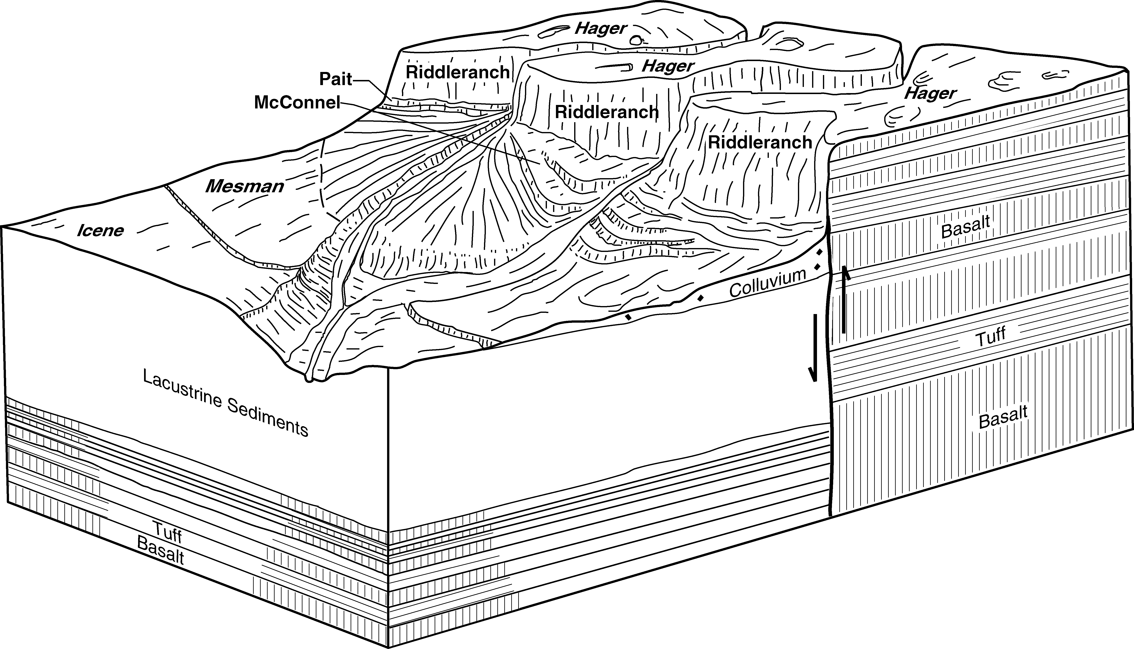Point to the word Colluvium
tap(767, 284)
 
